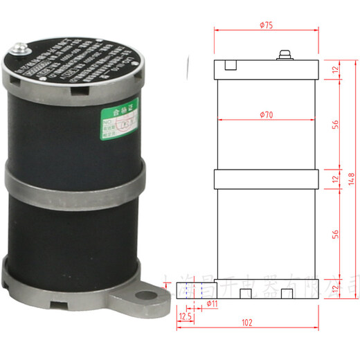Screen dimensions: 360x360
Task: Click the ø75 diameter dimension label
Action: click(266, 25)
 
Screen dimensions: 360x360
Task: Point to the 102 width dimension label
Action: click(247, 323)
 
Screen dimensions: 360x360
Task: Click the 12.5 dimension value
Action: click(185, 316)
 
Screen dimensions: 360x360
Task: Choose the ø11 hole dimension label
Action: click(213, 303)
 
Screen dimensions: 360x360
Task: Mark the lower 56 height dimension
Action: click(334, 232)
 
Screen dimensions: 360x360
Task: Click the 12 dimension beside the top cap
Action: click(334, 69)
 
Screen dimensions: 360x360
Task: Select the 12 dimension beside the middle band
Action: click(334, 179)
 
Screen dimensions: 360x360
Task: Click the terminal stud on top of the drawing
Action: click(284, 55)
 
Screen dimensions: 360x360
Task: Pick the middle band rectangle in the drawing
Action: click(266, 179)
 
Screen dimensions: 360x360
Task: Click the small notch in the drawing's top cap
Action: click(231, 66)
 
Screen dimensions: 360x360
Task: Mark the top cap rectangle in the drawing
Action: click(266, 69)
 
